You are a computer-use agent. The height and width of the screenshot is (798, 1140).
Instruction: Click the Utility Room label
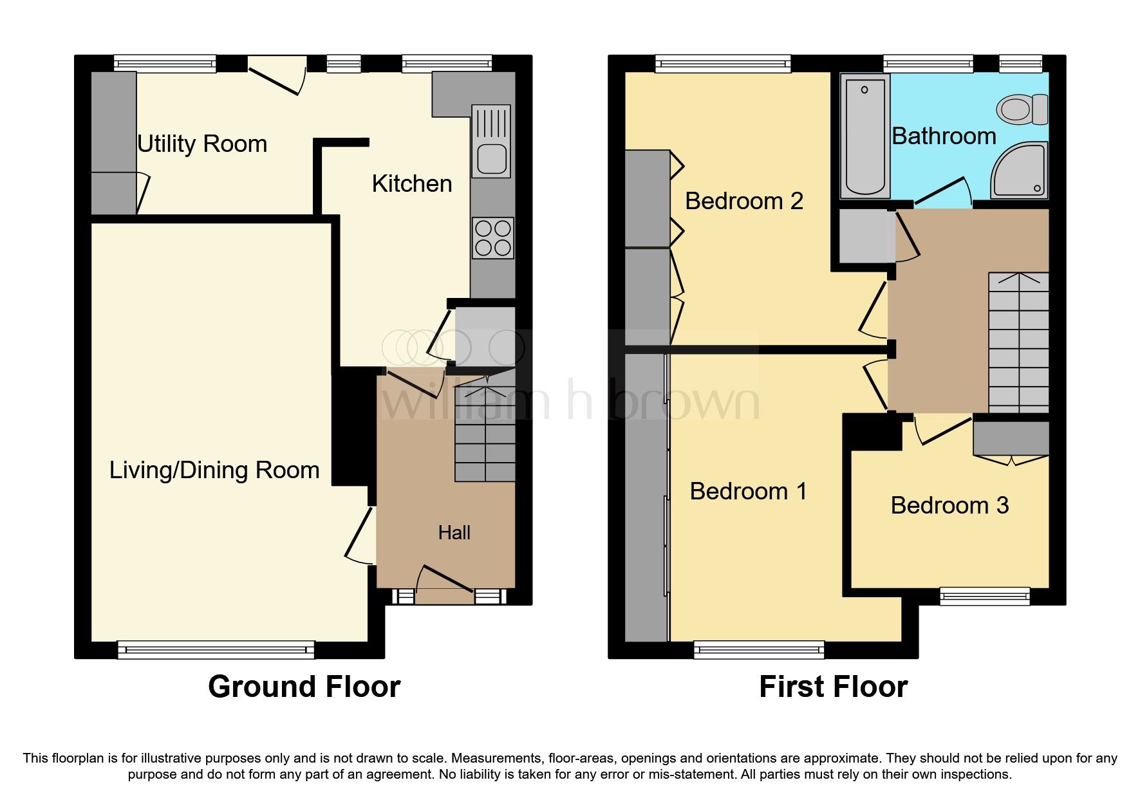pyautogui.click(x=201, y=144)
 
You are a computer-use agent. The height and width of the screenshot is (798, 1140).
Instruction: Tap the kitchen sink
pyautogui.click(x=491, y=158)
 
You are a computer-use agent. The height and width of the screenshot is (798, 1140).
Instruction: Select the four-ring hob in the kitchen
pyautogui.click(x=492, y=237)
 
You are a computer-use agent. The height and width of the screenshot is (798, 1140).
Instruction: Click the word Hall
pyautogui.click(x=454, y=533)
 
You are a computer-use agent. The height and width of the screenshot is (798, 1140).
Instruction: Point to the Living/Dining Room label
pyautogui.click(x=214, y=470)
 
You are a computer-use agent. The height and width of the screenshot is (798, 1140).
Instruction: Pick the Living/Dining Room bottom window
pyautogui.click(x=216, y=649)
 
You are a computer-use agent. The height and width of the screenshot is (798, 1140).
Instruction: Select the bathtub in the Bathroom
pyautogui.click(x=865, y=135)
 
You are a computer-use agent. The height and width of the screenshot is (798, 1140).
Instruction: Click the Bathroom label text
pyautogui.click(x=944, y=136)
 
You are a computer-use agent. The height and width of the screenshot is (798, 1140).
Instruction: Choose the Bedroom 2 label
pyautogui.click(x=743, y=201)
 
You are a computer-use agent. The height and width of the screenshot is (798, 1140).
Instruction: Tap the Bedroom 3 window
pyautogui.click(x=984, y=596)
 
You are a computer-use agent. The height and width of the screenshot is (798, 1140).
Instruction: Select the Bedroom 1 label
pyautogui.click(x=748, y=492)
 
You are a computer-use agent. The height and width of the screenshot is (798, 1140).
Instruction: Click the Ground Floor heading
pyautogui.click(x=304, y=687)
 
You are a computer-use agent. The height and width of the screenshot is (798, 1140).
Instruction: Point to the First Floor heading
pyautogui.click(x=833, y=687)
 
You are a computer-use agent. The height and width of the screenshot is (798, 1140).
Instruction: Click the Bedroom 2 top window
pyautogui.click(x=723, y=63)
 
